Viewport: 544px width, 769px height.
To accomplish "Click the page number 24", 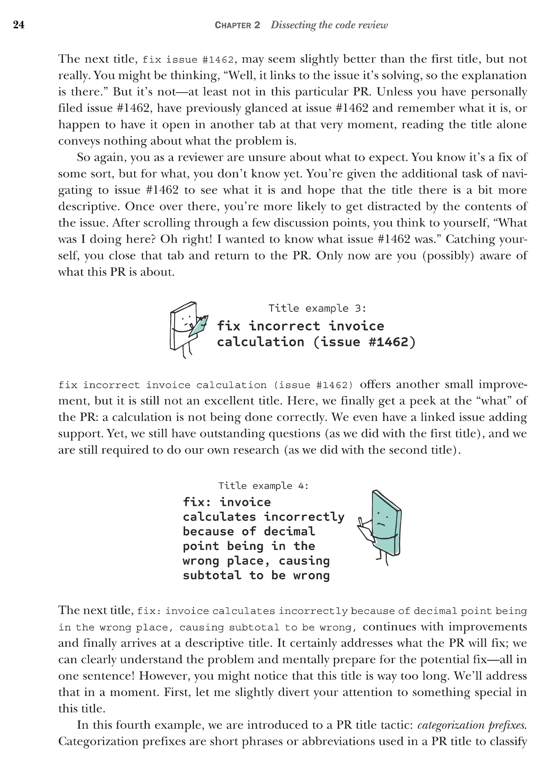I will [19, 25].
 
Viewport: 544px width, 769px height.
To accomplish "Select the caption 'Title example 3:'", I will [317, 308].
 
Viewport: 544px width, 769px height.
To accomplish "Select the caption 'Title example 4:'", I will [263, 486].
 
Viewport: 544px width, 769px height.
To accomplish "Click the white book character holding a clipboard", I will [183, 326].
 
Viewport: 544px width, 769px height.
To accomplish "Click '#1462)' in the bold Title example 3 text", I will [392, 342].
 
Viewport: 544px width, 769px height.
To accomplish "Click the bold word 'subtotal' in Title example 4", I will [212, 575].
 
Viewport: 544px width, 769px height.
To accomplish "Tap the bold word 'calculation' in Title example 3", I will [261, 342].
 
